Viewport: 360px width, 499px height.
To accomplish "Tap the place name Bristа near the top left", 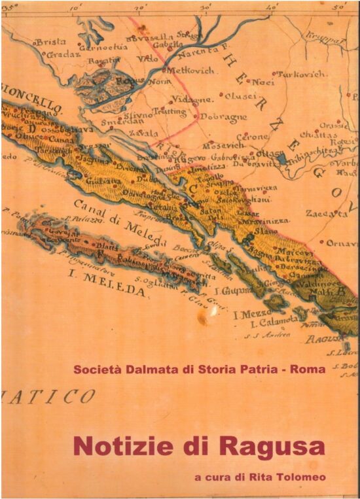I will coord(50,42).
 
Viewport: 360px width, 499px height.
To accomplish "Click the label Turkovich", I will coord(302,75).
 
